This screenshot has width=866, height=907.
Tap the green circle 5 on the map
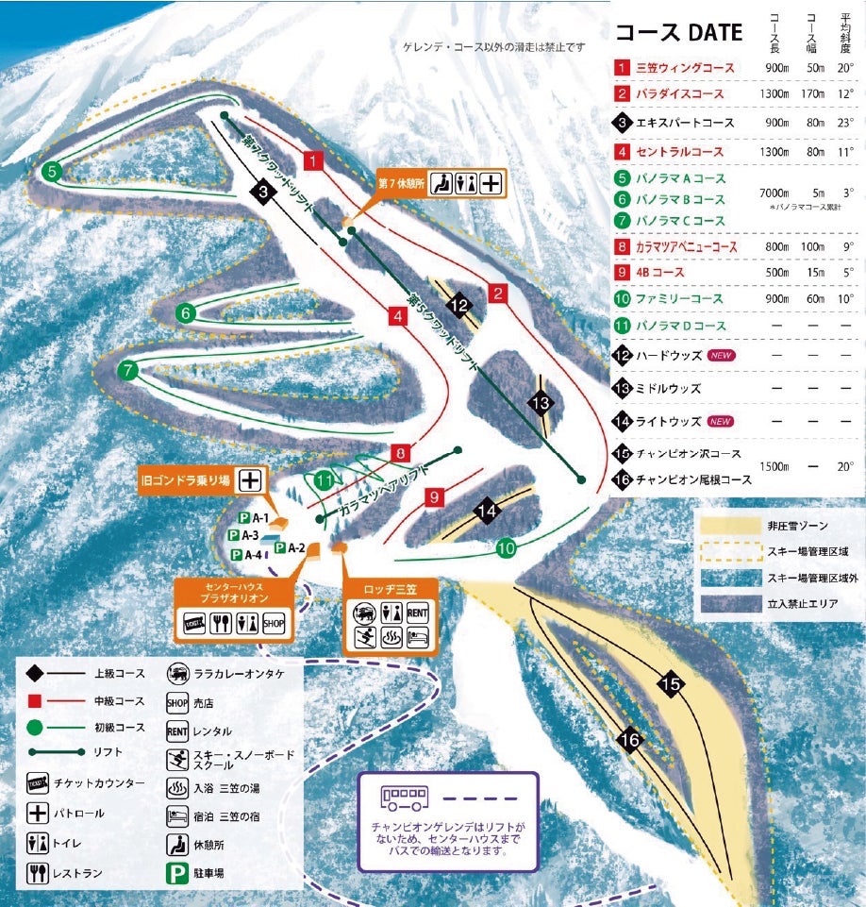pos(52,171)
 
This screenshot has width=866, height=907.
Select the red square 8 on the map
pos(401,452)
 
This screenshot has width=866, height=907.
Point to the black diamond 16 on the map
pos(630,742)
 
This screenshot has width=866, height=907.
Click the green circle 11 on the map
pos(325,480)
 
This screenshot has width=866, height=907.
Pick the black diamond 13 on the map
pos(540,403)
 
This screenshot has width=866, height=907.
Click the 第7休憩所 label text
pos(401,183)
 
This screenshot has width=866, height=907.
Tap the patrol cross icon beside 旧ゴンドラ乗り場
pos(249,479)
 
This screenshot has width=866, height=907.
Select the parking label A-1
pos(259,517)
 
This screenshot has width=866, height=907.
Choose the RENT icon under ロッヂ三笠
pos(417,613)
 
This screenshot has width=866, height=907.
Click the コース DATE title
pos(678,33)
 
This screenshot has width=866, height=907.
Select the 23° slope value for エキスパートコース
pos(846,123)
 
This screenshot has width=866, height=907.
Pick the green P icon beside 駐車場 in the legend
pos(176,873)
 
